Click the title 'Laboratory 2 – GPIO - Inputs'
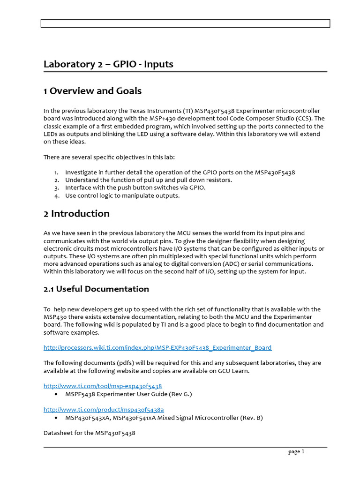click(108, 64)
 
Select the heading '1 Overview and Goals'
click(92, 91)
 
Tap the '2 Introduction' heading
click(76, 214)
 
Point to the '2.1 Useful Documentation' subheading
click(96, 289)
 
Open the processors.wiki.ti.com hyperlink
click(157, 348)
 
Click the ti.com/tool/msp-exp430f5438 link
click(103, 386)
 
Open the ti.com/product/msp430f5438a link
click(104, 410)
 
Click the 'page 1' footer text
click(296, 452)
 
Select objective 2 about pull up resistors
click(148, 180)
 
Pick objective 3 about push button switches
click(135, 187)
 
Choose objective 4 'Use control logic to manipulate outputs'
click(122, 195)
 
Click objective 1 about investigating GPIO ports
click(180, 172)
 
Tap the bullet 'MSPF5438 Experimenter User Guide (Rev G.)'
click(128, 394)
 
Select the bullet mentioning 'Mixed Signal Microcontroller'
click(164, 418)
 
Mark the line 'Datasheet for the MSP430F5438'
click(89, 433)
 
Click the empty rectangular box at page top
click(185, 23)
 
